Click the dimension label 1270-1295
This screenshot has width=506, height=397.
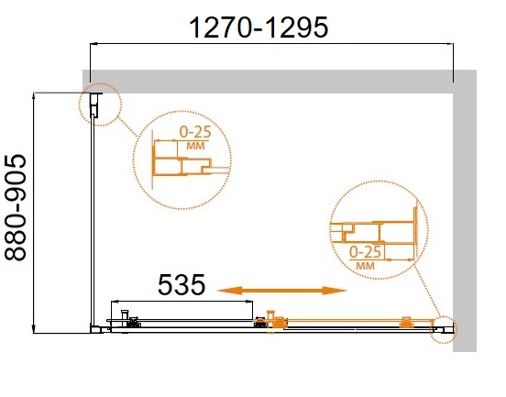(x=258, y=28)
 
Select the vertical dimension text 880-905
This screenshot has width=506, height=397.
(x=16, y=208)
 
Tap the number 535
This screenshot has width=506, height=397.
(x=181, y=284)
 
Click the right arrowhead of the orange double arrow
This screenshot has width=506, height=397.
(x=335, y=291)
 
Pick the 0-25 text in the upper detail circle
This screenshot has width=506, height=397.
(x=195, y=132)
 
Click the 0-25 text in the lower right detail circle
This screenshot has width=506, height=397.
(x=366, y=252)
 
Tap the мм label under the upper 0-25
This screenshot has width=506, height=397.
(x=195, y=146)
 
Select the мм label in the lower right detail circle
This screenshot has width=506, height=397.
(x=366, y=266)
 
